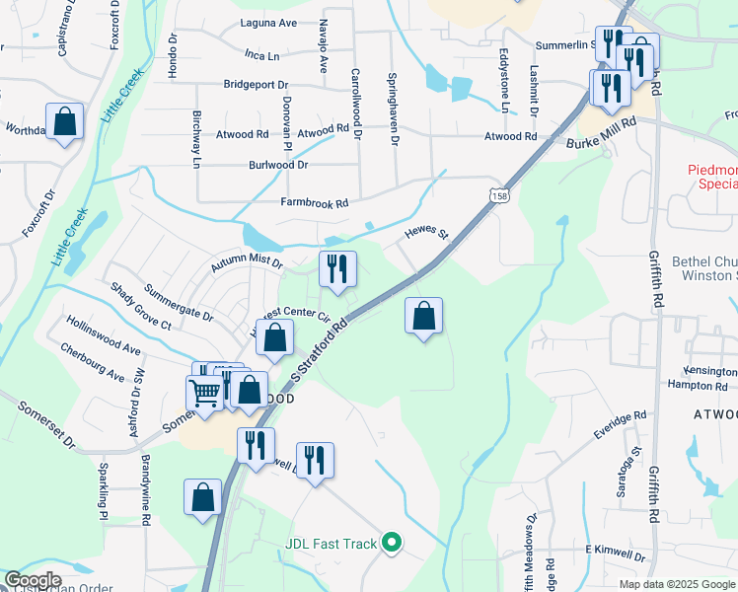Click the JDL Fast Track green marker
pos(392,542)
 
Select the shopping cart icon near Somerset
pos(205,392)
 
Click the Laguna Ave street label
pos(268,23)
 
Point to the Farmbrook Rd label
pos(315,203)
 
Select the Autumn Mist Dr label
pos(247,264)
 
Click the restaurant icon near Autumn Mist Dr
pos(336,268)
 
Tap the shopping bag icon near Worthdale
pos(64,122)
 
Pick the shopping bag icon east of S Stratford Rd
pos(423,316)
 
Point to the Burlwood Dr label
pos(278,165)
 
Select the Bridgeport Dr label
pos(256,85)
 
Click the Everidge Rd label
pos(620,425)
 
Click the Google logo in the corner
pos(33,580)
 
